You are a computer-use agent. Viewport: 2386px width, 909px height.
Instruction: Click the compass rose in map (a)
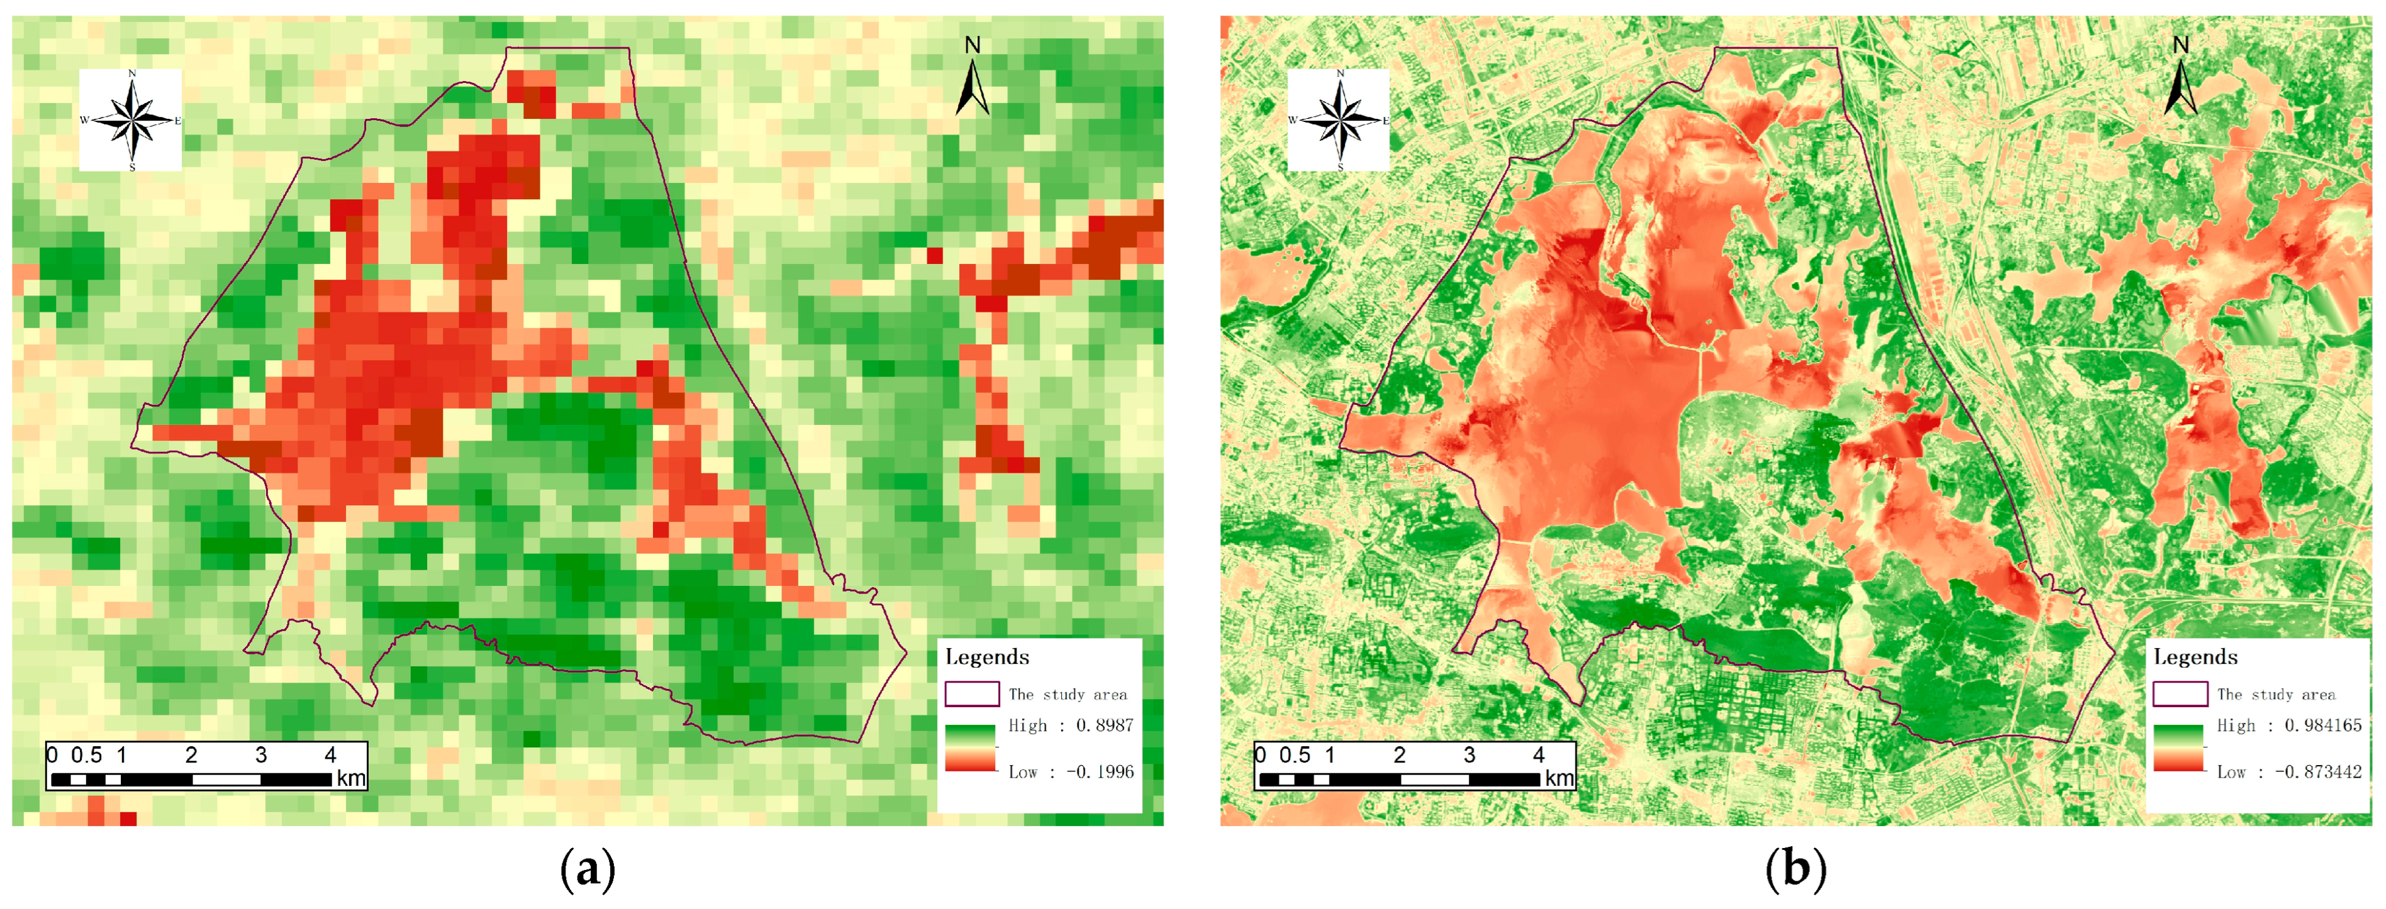[x=131, y=119]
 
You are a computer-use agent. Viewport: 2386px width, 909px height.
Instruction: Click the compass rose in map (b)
[x=1339, y=119]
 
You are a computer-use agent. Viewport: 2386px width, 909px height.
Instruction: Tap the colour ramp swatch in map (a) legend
[x=970, y=748]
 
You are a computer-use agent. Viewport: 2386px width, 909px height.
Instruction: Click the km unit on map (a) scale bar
[x=351, y=778]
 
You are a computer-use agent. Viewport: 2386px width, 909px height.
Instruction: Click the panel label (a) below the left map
[x=588, y=870]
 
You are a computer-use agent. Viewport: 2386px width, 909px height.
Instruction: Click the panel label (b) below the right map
[x=1795, y=870]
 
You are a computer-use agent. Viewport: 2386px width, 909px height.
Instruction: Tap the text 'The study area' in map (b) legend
[x=2276, y=694]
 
